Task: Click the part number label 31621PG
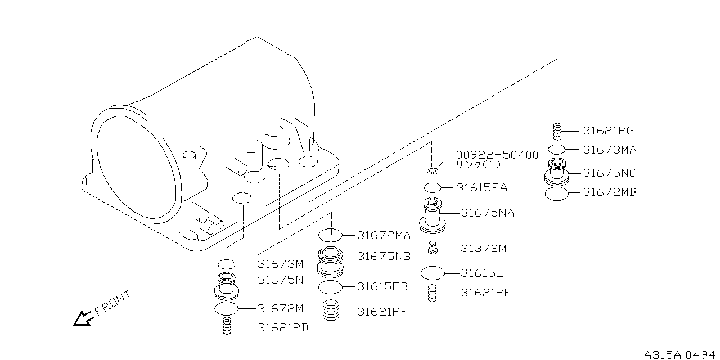(608, 131)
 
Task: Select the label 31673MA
(610, 150)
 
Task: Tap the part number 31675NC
(610, 173)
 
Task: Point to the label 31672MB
(610, 192)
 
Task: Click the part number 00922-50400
(497, 155)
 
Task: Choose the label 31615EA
(481, 188)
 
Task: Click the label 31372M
(483, 248)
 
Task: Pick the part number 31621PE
(486, 292)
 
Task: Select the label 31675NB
(384, 256)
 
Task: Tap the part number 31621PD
(283, 327)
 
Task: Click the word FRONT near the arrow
(112, 302)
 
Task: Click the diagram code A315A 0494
(681, 355)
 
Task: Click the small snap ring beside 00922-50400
(431, 170)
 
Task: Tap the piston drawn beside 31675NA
(432, 215)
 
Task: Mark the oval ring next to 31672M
(227, 308)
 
